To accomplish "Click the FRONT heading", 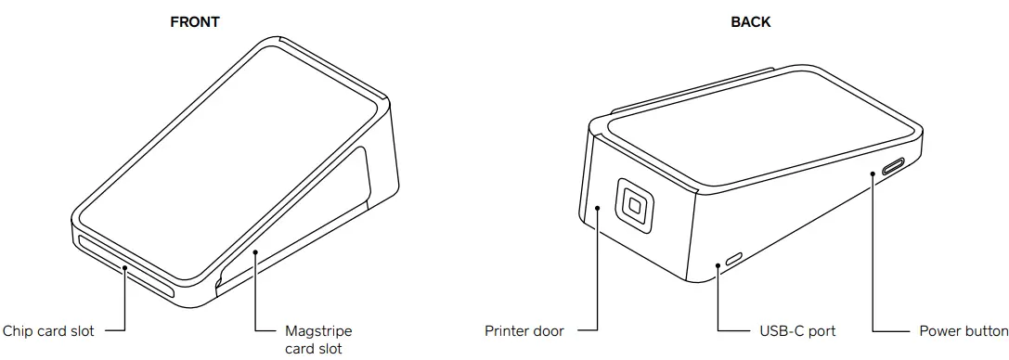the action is click(x=195, y=22).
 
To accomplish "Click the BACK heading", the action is click(x=750, y=22).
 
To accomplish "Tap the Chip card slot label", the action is click(x=48, y=330).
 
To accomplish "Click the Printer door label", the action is click(x=524, y=330).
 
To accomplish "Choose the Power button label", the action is click(x=963, y=330).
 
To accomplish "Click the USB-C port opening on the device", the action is click(x=734, y=257).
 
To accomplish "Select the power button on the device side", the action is click(x=893, y=167).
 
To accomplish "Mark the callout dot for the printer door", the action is click(x=599, y=209).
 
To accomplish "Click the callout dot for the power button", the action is click(x=873, y=173).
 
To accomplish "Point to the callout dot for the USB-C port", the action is click(x=719, y=265).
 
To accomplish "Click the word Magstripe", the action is click(x=318, y=330).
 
